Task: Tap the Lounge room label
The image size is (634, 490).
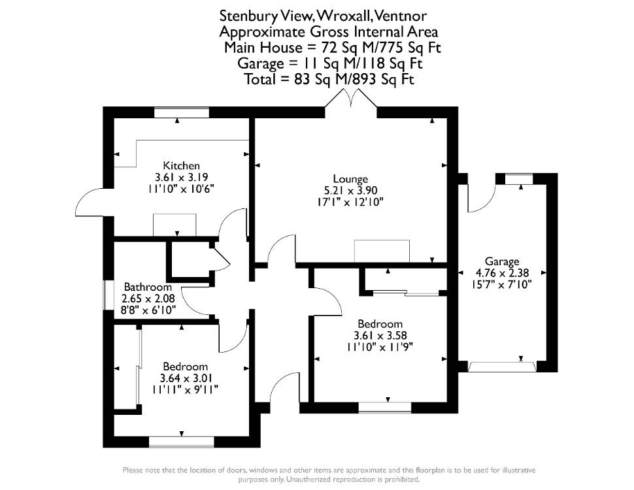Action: (x=350, y=179)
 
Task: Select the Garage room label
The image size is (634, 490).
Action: (x=502, y=261)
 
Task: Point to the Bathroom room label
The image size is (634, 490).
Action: (x=148, y=287)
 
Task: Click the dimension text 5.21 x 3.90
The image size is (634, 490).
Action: (x=350, y=190)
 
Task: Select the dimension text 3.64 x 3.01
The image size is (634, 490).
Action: (x=186, y=378)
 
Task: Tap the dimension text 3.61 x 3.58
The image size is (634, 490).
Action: (x=380, y=336)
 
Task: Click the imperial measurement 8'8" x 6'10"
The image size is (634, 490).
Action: (x=148, y=310)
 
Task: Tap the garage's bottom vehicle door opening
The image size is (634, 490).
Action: (x=502, y=367)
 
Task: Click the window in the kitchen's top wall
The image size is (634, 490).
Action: (x=182, y=112)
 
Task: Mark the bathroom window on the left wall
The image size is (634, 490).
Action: (x=108, y=295)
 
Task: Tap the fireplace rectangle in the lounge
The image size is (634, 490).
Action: (x=382, y=251)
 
